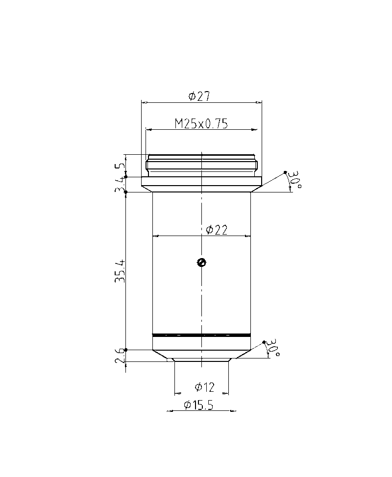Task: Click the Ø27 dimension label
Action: click(x=199, y=96)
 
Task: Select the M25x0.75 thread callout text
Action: click(x=201, y=123)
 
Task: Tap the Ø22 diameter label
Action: click(x=216, y=230)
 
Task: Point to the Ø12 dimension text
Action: click(x=204, y=387)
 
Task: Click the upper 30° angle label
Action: click(x=294, y=180)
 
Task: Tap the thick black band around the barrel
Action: click(x=201, y=335)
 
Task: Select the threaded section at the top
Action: click(x=201, y=165)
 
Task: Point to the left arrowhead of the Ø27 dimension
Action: click(x=143, y=102)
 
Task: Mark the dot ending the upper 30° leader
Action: click(x=286, y=172)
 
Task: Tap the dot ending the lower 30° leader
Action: click(x=264, y=342)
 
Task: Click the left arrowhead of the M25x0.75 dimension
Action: click(x=148, y=130)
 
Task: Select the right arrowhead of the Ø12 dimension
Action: click(x=226, y=393)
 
